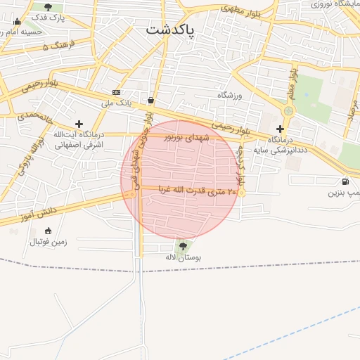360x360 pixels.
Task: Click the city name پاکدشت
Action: pos(170,30)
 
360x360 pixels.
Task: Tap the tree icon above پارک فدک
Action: pos(48,7)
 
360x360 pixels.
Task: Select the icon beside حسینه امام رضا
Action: pos(17,22)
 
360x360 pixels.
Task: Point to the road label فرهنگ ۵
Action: pos(56,46)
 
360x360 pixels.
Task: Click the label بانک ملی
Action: pos(117,103)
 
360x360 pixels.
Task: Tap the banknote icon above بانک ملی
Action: pos(116,93)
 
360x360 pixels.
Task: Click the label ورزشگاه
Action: pos(229,95)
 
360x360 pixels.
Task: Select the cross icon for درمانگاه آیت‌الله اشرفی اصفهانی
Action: pos(79,124)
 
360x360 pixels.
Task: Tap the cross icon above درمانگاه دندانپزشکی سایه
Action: pos(280,129)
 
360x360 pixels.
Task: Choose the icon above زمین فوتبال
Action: pos(48,231)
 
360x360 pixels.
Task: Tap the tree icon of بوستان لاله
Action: pos(183,246)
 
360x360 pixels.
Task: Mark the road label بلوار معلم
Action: pos(292,82)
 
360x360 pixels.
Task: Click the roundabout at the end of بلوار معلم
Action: pos(288,110)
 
